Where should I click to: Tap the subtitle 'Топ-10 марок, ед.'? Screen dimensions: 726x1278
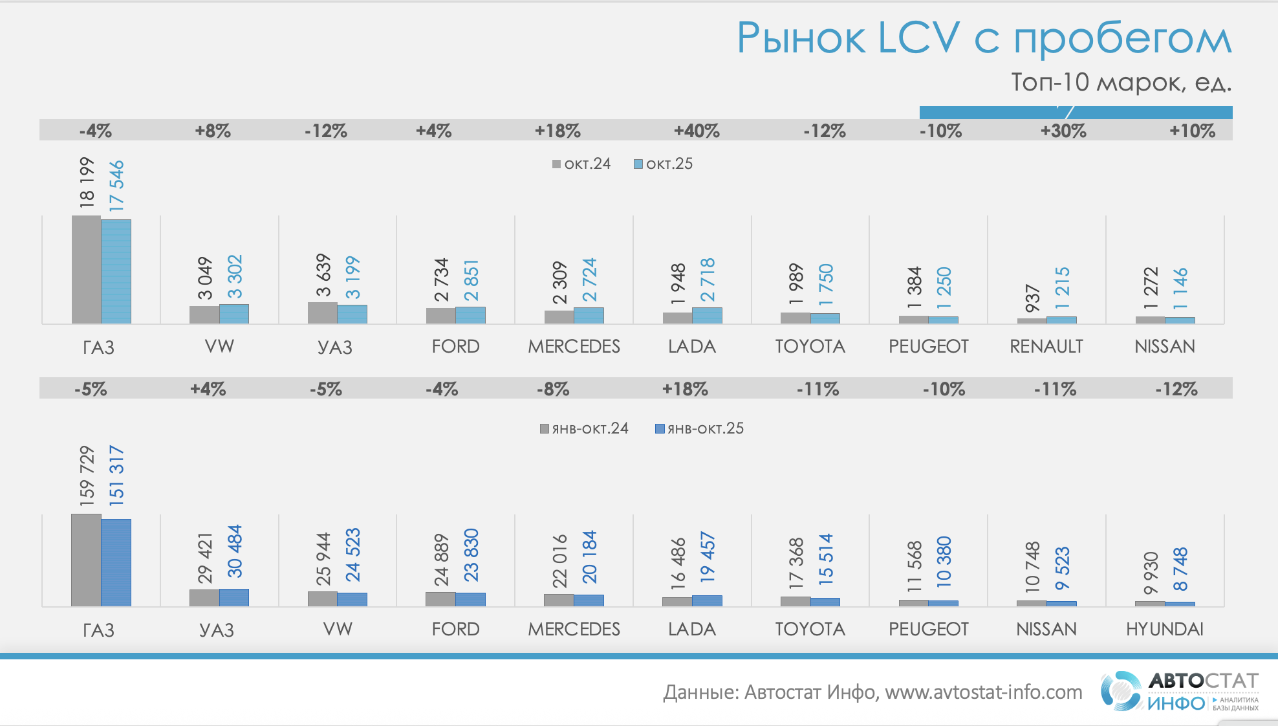1121,82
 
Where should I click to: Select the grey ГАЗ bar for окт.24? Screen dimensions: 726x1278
86,269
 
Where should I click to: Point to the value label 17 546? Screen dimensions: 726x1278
116,186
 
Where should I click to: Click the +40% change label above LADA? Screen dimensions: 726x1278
697,131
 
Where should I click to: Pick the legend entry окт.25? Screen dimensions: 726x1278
663,164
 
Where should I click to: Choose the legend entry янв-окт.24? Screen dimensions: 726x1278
584,428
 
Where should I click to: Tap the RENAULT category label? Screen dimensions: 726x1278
1046,346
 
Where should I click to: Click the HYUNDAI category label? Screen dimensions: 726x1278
1164,629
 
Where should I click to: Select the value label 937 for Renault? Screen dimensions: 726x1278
1033,298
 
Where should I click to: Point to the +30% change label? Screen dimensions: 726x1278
1063,131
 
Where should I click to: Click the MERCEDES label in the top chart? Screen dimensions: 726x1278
574,346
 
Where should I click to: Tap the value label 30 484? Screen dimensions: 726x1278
235,551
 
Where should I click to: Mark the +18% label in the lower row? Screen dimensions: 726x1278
685,389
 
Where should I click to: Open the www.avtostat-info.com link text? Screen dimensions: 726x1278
983,692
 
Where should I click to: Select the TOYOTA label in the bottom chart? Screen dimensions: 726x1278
810,629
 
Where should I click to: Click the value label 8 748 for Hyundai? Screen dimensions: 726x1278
1180,569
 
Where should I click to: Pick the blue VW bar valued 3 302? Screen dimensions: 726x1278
234,314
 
